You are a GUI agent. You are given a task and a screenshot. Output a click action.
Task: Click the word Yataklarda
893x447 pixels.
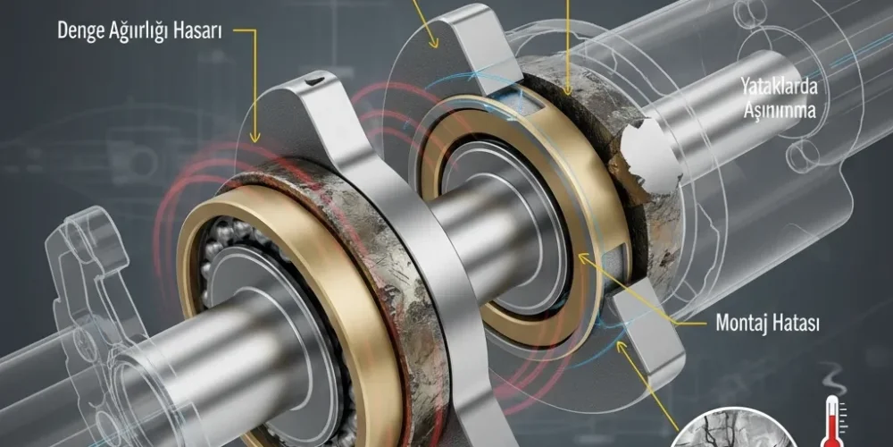pyautogui.click(x=779, y=88)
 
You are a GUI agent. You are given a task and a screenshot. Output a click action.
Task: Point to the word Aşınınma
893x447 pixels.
pyautogui.click(x=779, y=109)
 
